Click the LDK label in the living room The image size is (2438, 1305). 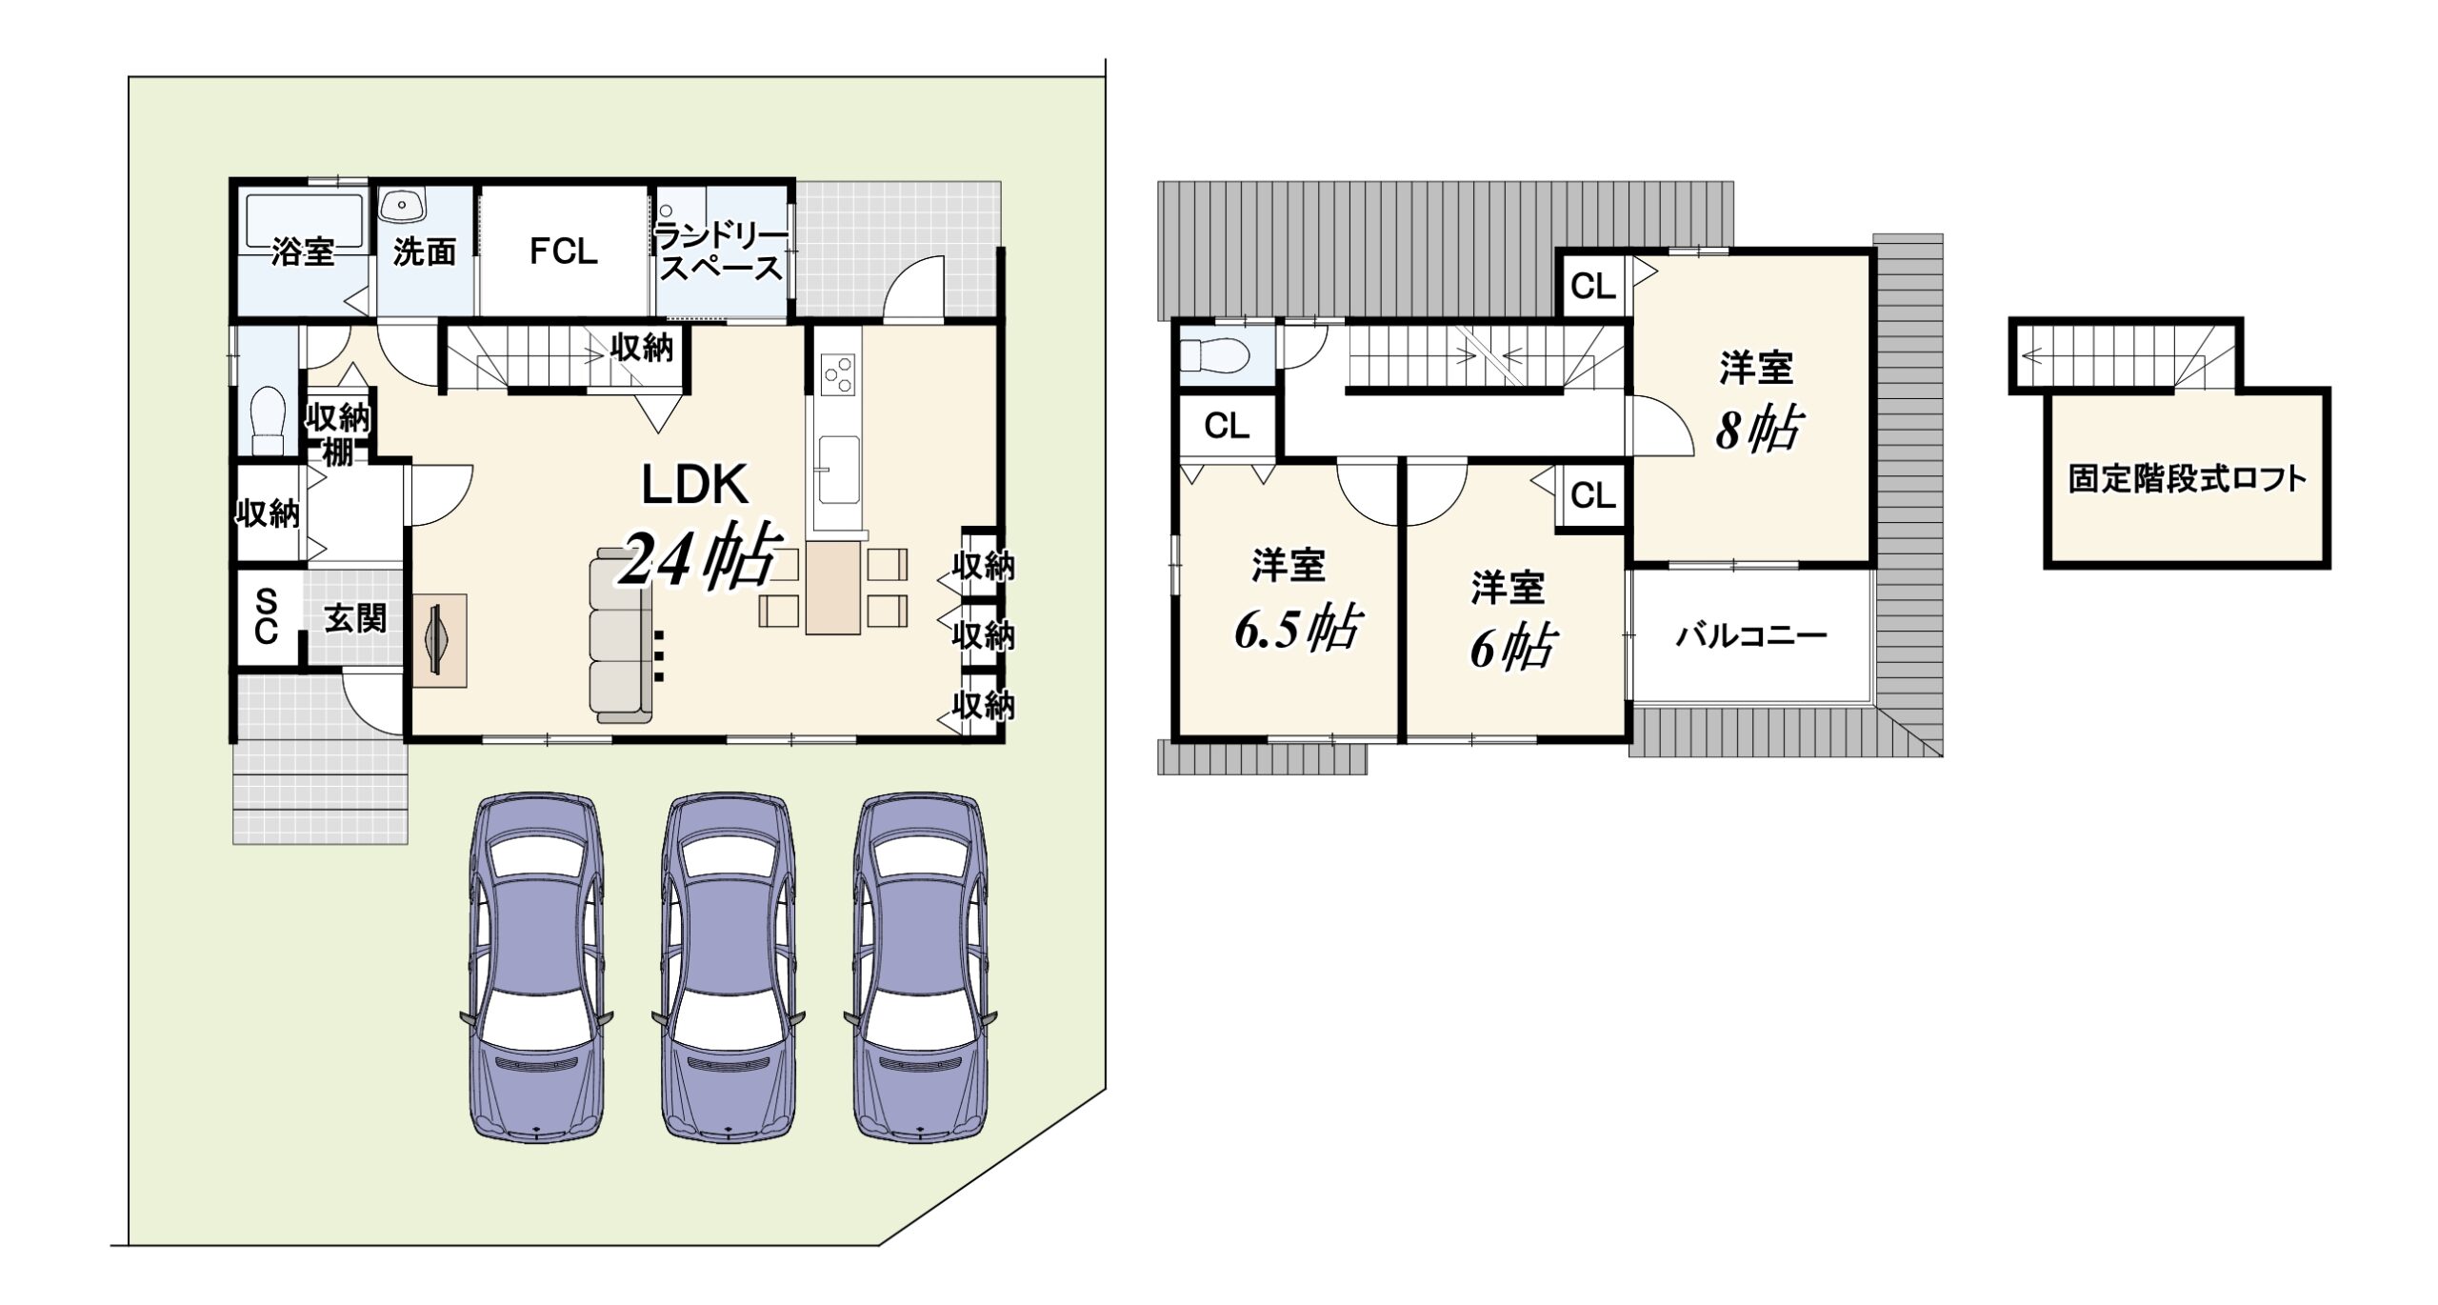695,485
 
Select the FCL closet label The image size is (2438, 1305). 564,251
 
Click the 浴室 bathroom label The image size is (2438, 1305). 303,252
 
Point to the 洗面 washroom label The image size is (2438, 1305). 425,252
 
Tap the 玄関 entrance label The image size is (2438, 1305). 356,619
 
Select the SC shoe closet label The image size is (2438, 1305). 267,616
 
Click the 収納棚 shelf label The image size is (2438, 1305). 338,434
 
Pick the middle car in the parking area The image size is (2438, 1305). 729,967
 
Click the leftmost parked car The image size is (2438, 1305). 537,967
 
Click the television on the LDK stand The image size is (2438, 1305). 439,640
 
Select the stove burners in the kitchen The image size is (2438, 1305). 838,373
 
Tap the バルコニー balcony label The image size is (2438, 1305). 1751,635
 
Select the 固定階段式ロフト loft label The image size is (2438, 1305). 2188,478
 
